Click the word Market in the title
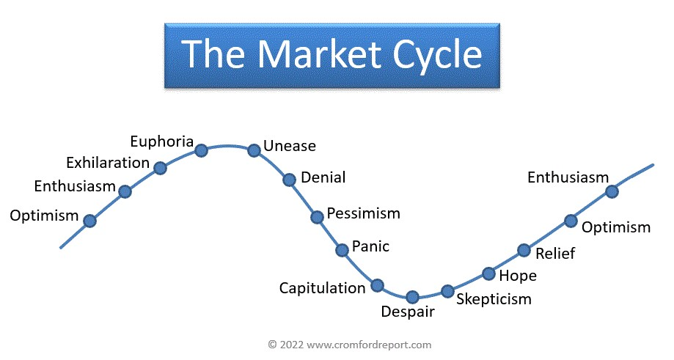pyautogui.click(x=319, y=54)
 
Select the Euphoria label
pyautogui.click(x=162, y=142)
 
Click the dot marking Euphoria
pyautogui.click(x=201, y=150)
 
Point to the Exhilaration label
pyautogui.click(x=108, y=163)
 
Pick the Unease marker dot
pyautogui.click(x=254, y=150)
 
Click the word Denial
pyautogui.click(x=323, y=177)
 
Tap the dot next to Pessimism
pyautogui.click(x=317, y=217)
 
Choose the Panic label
pyautogui.click(x=370, y=246)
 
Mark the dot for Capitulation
pyautogui.click(x=378, y=285)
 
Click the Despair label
pyautogui.click(x=408, y=312)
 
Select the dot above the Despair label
pyautogui.click(x=412, y=297)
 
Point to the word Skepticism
pyautogui.click(x=494, y=299)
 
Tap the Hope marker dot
pyautogui.click(x=488, y=273)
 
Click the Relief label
pyautogui.click(x=555, y=254)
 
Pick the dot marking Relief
pyautogui.click(x=524, y=250)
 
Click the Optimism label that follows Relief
pyautogui.click(x=616, y=227)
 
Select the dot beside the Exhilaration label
pyautogui.click(x=160, y=168)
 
